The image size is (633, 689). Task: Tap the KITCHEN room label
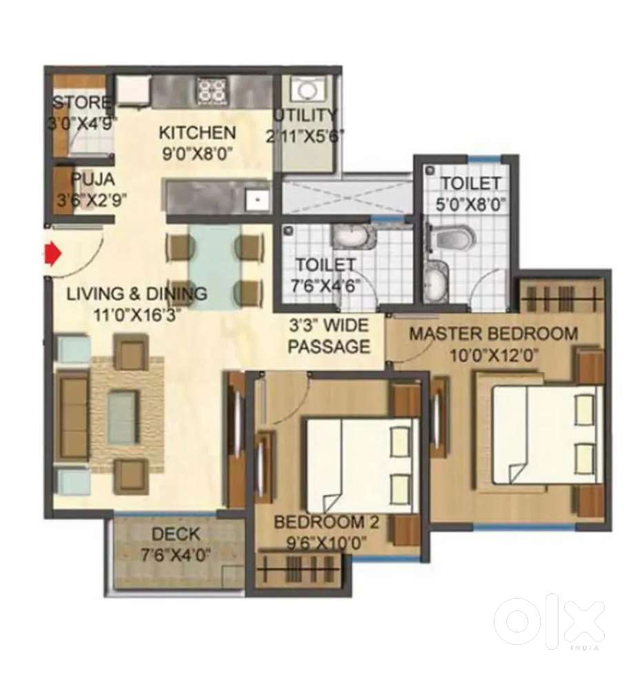(x=197, y=132)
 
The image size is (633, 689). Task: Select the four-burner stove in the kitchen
(x=212, y=90)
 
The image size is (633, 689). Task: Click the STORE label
(x=81, y=103)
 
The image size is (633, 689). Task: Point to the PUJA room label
(x=92, y=181)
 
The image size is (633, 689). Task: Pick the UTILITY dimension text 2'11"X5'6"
(x=305, y=135)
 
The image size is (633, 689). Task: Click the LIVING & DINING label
(x=136, y=294)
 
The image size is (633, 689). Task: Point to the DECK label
(x=176, y=534)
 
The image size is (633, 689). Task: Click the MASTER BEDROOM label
(x=493, y=334)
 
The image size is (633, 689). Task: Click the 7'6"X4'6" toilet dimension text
(x=325, y=285)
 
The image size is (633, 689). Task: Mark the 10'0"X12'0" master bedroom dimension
(x=493, y=356)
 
